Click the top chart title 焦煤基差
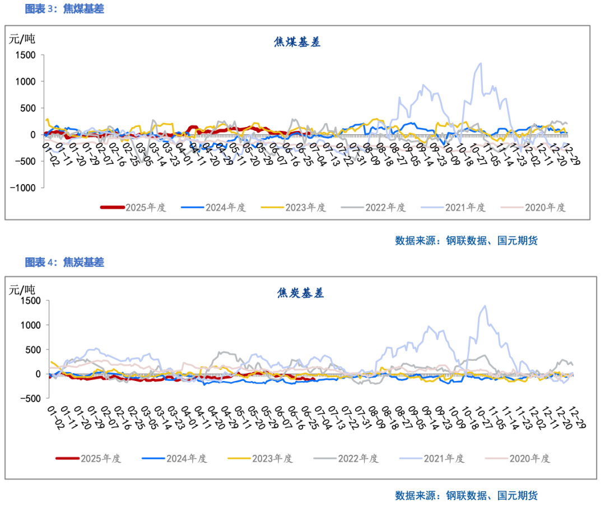297,43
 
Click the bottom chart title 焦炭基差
300,293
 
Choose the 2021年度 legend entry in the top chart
465,208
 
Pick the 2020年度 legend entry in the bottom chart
529,458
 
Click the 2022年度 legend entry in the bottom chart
358,458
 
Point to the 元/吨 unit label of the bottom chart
22,290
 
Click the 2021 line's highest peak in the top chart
480,63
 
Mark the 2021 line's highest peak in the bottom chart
485,306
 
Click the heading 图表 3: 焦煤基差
64,9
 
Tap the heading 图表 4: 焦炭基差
64,262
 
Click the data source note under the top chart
466,241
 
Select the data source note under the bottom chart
466,495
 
